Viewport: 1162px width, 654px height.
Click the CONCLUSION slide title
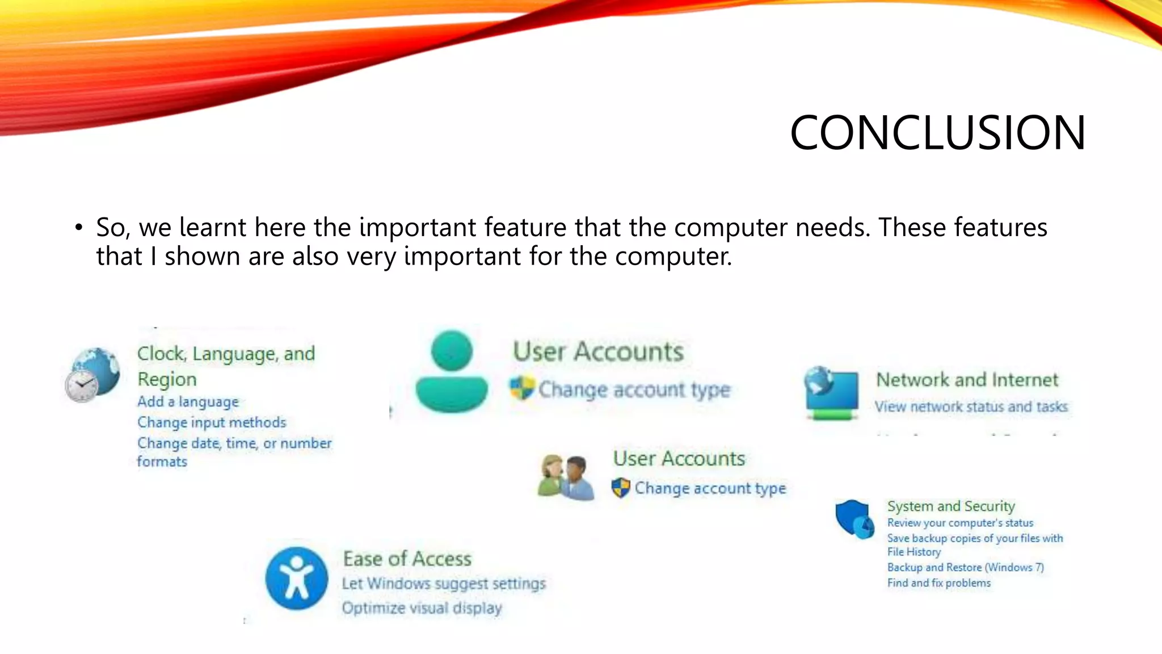point(937,133)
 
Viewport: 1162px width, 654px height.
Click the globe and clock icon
point(92,375)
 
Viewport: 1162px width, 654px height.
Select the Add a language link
point(188,401)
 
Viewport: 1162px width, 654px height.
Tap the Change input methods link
point(212,422)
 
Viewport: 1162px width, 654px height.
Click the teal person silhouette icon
point(452,372)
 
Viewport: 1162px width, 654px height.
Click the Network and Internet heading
point(967,379)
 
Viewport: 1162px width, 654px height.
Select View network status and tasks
point(971,406)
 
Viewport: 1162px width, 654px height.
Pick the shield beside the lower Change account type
point(621,488)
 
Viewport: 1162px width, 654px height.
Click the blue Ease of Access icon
point(296,578)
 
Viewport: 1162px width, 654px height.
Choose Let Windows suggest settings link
point(443,584)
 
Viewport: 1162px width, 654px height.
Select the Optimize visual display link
point(422,608)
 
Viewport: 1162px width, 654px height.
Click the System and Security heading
point(951,506)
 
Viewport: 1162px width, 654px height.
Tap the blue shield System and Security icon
point(854,518)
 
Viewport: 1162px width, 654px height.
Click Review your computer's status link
point(960,523)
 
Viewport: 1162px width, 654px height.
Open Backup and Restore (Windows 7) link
point(965,567)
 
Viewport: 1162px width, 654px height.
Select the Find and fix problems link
point(938,583)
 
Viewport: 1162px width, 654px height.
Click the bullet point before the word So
point(79,228)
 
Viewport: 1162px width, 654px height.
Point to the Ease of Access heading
point(407,559)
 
